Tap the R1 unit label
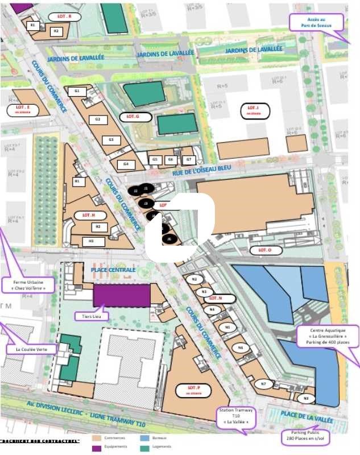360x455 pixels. (x=32, y=25)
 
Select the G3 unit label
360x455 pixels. (x=111, y=140)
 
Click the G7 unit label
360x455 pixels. (x=189, y=160)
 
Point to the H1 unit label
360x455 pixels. (x=77, y=181)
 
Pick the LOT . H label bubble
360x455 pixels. (x=89, y=215)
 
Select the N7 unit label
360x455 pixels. (x=263, y=384)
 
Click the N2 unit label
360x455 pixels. (x=195, y=279)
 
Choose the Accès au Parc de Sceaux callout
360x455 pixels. (x=317, y=22)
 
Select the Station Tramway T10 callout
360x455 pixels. (x=237, y=417)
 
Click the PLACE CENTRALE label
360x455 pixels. (x=113, y=270)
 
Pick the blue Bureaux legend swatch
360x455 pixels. (x=146, y=439)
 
